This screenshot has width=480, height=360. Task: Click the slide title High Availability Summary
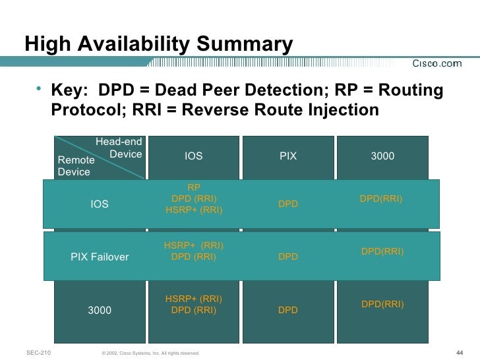pyautogui.click(x=159, y=44)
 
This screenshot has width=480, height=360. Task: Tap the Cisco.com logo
pyautogui.click(x=437, y=63)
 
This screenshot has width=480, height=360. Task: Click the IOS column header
pyautogui.click(x=193, y=156)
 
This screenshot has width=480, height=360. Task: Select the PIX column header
pyautogui.click(x=288, y=156)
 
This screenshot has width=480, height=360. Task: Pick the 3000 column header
pyautogui.click(x=382, y=156)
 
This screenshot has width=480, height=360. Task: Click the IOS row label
pyautogui.click(x=100, y=204)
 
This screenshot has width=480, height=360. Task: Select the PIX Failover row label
pyautogui.click(x=100, y=257)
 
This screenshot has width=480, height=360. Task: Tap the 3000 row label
pyautogui.click(x=100, y=310)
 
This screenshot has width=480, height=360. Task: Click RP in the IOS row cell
pyautogui.click(x=194, y=187)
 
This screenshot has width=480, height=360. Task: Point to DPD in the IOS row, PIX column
pyautogui.click(x=288, y=204)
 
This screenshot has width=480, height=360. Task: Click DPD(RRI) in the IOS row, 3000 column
pyautogui.click(x=381, y=198)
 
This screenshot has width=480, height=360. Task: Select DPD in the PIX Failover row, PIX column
pyautogui.click(x=288, y=257)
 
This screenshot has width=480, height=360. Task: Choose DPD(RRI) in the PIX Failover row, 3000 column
pyautogui.click(x=382, y=251)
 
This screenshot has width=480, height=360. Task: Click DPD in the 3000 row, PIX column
pyautogui.click(x=288, y=310)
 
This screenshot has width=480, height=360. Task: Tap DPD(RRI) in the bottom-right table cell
pyautogui.click(x=382, y=304)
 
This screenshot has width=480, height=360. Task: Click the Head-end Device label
pyautogui.click(x=119, y=148)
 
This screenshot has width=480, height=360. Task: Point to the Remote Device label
pyautogui.click(x=76, y=165)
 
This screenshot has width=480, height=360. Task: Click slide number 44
pyautogui.click(x=460, y=353)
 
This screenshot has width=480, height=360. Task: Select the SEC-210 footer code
pyautogui.click(x=40, y=353)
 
